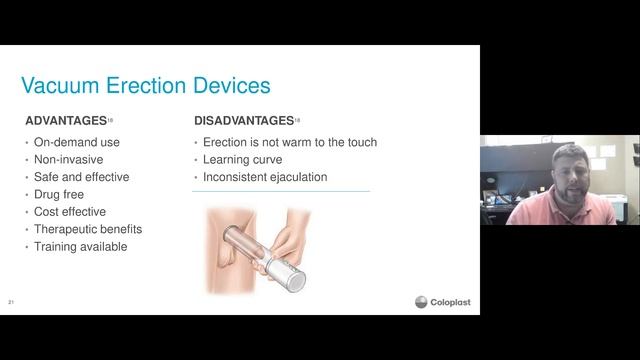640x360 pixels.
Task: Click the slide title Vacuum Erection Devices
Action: [x=145, y=85]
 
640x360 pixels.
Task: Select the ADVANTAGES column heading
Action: [x=65, y=121]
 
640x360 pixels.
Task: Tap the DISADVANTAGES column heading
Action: [x=243, y=121]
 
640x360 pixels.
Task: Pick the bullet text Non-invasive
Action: [x=68, y=159]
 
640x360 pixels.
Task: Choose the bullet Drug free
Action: [x=59, y=194]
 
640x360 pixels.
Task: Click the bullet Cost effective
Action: [x=70, y=212]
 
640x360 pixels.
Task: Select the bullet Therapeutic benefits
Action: [x=84, y=229]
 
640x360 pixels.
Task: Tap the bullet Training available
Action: [x=80, y=247]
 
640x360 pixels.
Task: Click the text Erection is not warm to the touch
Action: [x=289, y=142]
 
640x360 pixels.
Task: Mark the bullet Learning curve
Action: [x=242, y=159]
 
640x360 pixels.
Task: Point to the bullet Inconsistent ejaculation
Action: [x=264, y=177]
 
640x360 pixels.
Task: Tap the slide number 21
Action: [x=11, y=301]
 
